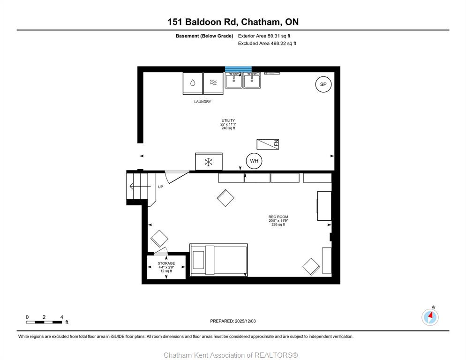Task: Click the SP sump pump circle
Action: tap(323, 84)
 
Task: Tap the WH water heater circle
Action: tap(254, 161)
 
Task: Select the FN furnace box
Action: tap(268, 144)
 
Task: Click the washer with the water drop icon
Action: tap(193, 83)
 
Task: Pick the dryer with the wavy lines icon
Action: tap(213, 83)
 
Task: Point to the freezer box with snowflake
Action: tap(209, 161)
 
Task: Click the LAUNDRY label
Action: tap(203, 102)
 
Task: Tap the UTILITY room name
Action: tap(228, 120)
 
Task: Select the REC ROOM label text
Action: tap(278, 217)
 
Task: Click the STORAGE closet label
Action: tap(166, 263)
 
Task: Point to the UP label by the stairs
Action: tap(160, 187)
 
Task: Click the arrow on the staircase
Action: tap(140, 187)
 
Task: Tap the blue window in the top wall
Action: tap(238, 69)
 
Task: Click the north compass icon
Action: tap(430, 317)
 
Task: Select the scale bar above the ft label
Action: tap(44, 322)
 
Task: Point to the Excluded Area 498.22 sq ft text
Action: tap(267, 44)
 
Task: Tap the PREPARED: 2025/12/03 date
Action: tap(233, 321)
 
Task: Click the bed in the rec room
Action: tap(218, 260)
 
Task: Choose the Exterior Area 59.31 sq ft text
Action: tap(264, 36)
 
